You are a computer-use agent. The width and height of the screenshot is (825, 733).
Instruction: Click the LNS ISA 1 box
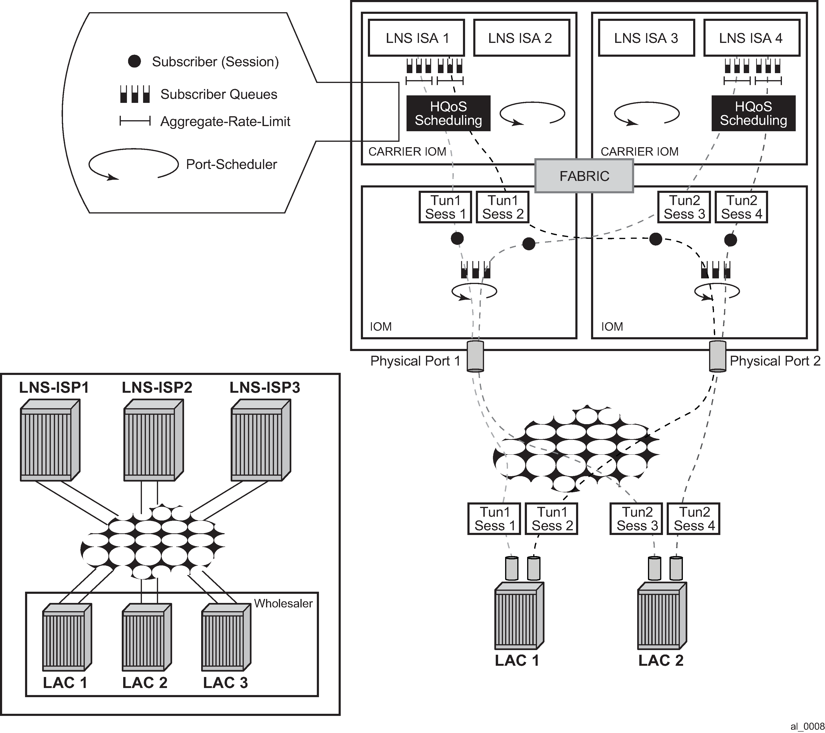click(416, 38)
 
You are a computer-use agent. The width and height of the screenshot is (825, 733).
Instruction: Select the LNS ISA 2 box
click(521, 38)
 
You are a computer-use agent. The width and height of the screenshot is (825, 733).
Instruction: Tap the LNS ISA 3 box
click(646, 38)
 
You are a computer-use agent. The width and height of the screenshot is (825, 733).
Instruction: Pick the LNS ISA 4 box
click(751, 38)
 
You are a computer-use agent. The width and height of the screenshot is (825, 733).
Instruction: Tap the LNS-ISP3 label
click(265, 388)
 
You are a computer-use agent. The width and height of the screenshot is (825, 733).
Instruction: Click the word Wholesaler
click(283, 603)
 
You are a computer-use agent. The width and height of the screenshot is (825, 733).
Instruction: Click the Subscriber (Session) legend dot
click(134, 61)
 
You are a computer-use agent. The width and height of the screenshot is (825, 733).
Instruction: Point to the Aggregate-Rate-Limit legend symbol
click(135, 121)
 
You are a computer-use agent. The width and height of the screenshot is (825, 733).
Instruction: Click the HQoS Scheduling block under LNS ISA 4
click(753, 113)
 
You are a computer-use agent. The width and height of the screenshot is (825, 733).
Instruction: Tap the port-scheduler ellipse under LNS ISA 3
click(647, 113)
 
